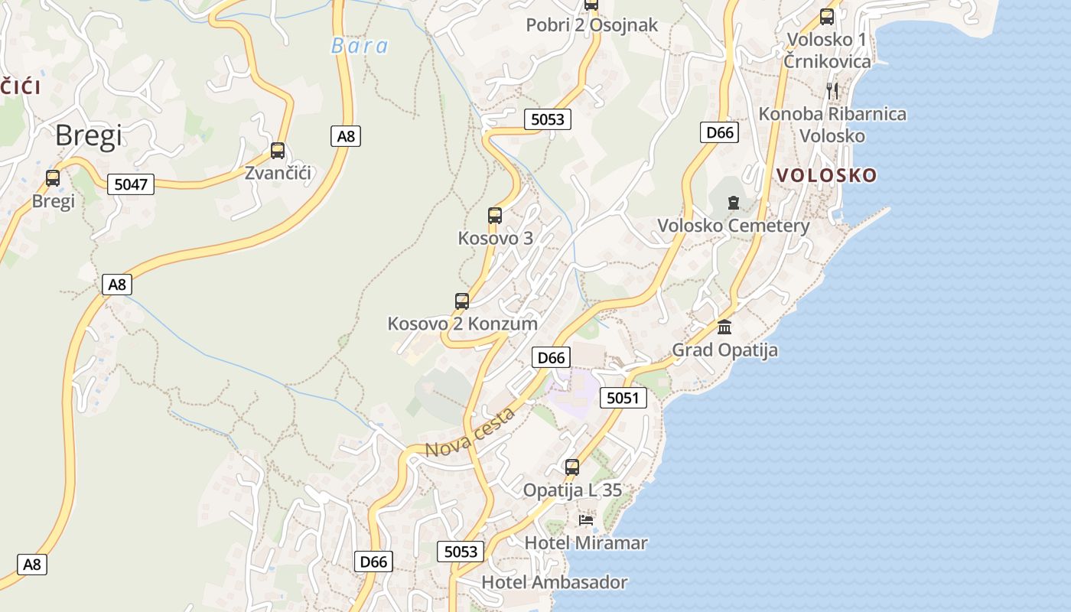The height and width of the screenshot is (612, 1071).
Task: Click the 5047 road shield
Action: point(130,184)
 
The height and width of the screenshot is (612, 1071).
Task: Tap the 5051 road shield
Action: point(623,398)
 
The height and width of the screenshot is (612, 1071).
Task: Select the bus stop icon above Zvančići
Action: point(278,151)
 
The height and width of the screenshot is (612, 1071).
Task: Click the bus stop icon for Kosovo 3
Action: point(495,216)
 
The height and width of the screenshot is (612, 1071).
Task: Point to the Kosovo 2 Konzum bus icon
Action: point(462,301)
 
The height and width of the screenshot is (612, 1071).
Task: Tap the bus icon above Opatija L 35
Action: point(572,467)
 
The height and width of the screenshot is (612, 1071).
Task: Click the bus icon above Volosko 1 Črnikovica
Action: point(827,16)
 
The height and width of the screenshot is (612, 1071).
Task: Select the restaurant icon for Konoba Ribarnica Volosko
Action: point(832,90)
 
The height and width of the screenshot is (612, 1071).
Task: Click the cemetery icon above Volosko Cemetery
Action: point(734,203)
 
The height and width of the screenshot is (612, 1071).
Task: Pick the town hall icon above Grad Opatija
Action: point(724,327)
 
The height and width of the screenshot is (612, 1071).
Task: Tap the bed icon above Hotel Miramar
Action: point(586,520)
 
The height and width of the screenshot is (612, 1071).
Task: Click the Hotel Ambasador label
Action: point(554,582)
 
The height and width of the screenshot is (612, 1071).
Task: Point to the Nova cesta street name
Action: point(470,433)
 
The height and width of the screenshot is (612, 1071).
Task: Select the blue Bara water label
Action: point(359,46)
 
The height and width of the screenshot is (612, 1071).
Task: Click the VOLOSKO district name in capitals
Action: point(826,175)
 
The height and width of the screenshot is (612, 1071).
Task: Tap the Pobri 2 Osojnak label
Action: point(591,25)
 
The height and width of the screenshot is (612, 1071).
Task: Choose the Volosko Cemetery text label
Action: point(733,226)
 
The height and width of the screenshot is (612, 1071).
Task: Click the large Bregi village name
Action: point(88,135)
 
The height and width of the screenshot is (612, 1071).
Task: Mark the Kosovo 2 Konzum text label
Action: point(462,323)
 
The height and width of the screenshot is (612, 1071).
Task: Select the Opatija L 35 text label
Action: point(572,490)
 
